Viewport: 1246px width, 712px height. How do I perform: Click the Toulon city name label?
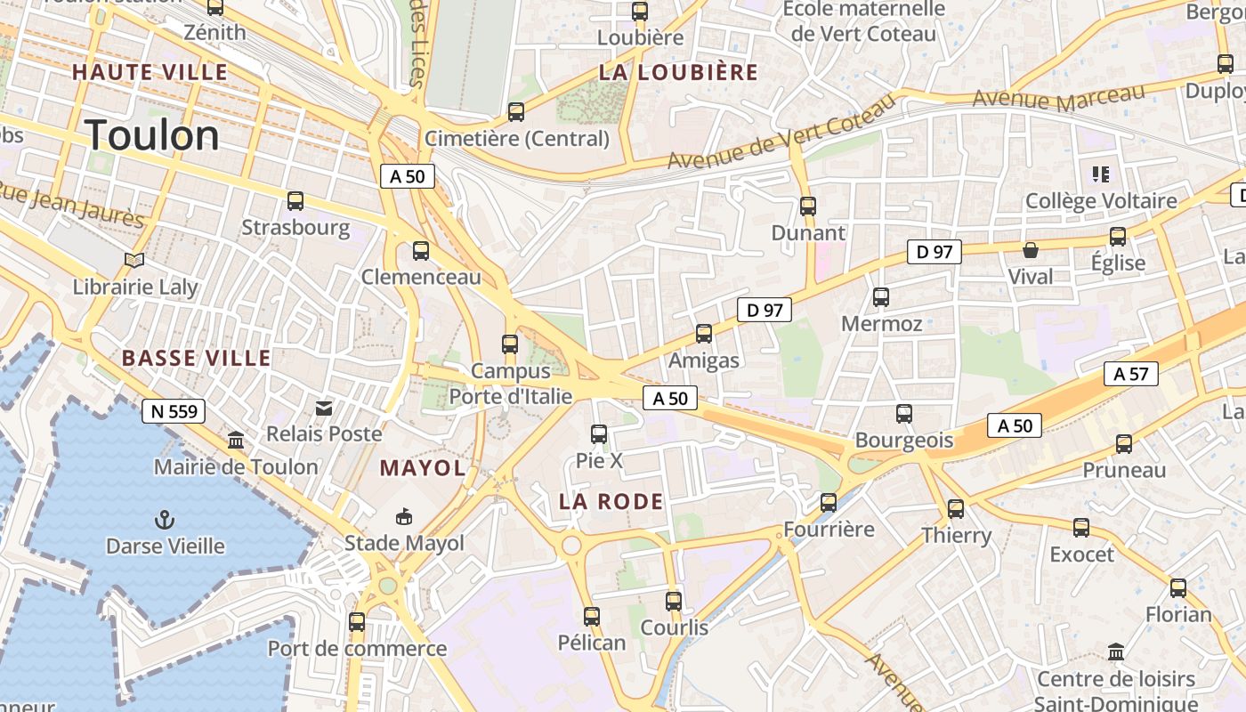(x=153, y=135)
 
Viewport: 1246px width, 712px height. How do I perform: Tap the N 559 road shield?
(x=174, y=411)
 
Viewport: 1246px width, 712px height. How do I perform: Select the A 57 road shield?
(x=1130, y=374)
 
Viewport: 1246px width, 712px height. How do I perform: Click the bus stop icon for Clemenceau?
(x=421, y=251)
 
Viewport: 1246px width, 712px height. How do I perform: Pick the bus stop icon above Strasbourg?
(x=295, y=201)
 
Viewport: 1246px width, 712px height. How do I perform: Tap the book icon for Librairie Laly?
(x=134, y=260)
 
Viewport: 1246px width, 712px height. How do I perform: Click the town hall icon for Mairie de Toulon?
(x=236, y=440)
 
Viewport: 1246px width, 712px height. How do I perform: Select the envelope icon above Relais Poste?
(x=324, y=408)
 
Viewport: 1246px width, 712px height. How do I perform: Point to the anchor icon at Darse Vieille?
(x=165, y=519)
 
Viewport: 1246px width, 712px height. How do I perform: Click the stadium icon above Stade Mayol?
(x=404, y=516)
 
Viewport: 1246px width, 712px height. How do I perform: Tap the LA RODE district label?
(x=611, y=502)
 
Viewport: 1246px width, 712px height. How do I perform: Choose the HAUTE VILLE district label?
(x=150, y=72)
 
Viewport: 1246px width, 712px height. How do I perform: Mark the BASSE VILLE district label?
(x=196, y=359)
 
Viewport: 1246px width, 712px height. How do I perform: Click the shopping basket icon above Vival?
(x=1031, y=250)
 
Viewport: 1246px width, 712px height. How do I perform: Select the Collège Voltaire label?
(x=1101, y=201)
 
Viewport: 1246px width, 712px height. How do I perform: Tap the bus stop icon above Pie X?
(x=599, y=434)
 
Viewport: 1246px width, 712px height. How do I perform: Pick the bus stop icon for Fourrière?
(x=829, y=503)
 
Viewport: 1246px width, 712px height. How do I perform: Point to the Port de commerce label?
(x=357, y=649)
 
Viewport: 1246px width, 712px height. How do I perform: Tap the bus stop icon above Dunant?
(x=808, y=206)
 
